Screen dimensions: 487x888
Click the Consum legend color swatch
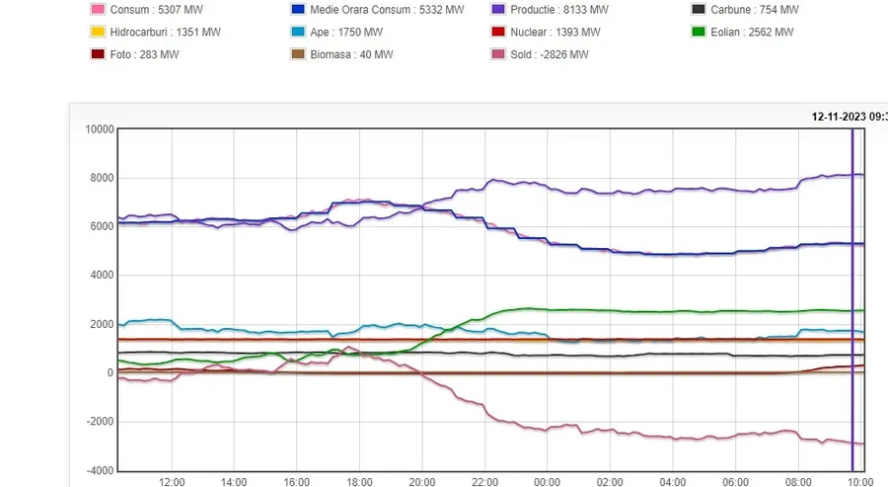[98, 10]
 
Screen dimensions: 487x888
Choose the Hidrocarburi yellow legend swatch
[98, 32]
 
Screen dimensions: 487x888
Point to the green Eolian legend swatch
[700, 32]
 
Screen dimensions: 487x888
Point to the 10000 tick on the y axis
[99, 128]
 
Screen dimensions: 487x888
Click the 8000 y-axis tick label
[102, 178]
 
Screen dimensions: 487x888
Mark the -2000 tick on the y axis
[100, 422]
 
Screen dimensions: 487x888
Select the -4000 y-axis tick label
[100, 470]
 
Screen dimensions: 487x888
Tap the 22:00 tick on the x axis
[484, 482]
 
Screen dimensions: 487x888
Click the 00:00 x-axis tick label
[547, 482]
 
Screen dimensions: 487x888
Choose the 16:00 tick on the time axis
[297, 482]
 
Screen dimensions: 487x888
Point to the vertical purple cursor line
[852, 296]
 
